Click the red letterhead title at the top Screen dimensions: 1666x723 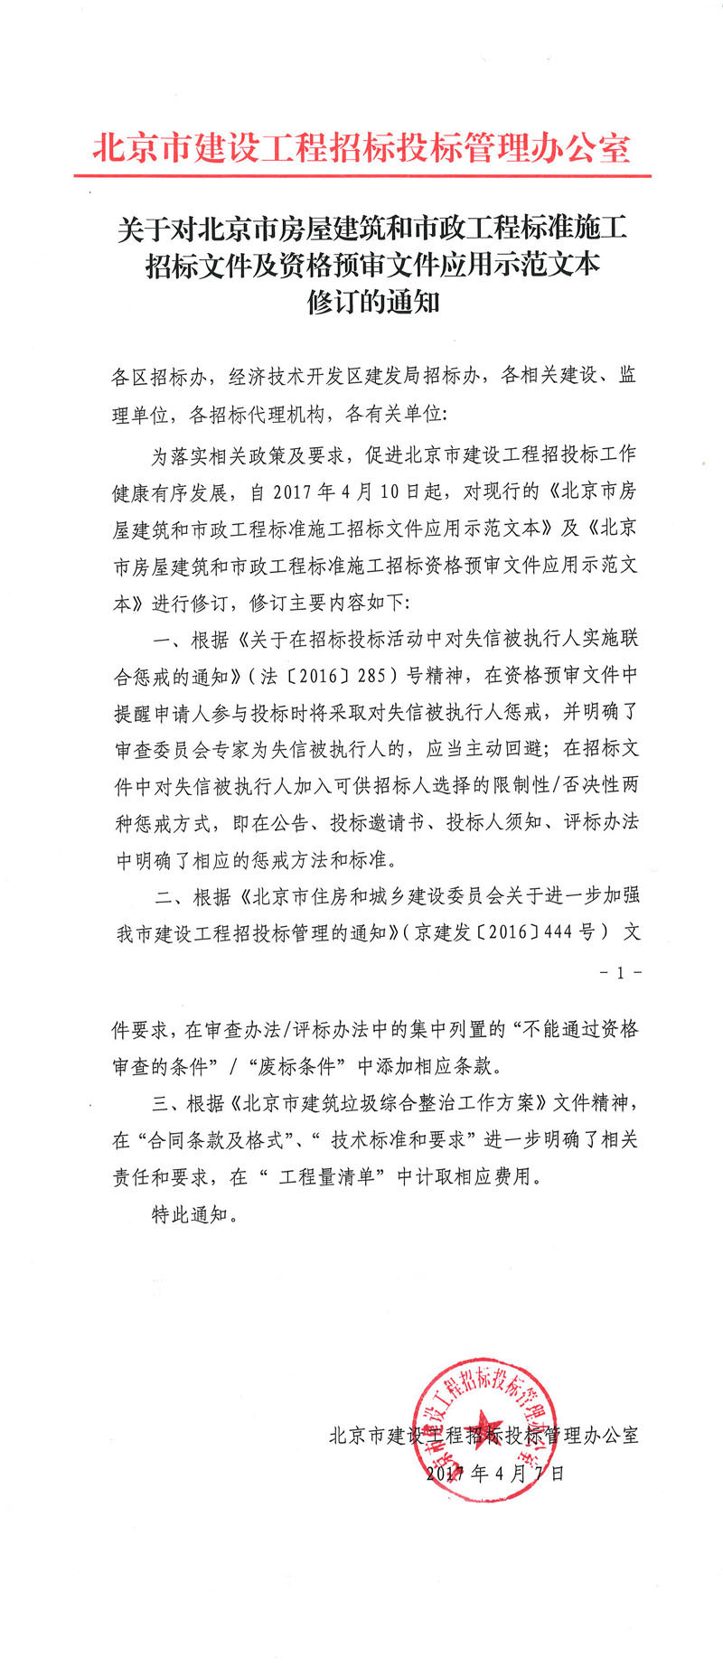coord(361,147)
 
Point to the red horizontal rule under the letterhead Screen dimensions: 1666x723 coord(361,175)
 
